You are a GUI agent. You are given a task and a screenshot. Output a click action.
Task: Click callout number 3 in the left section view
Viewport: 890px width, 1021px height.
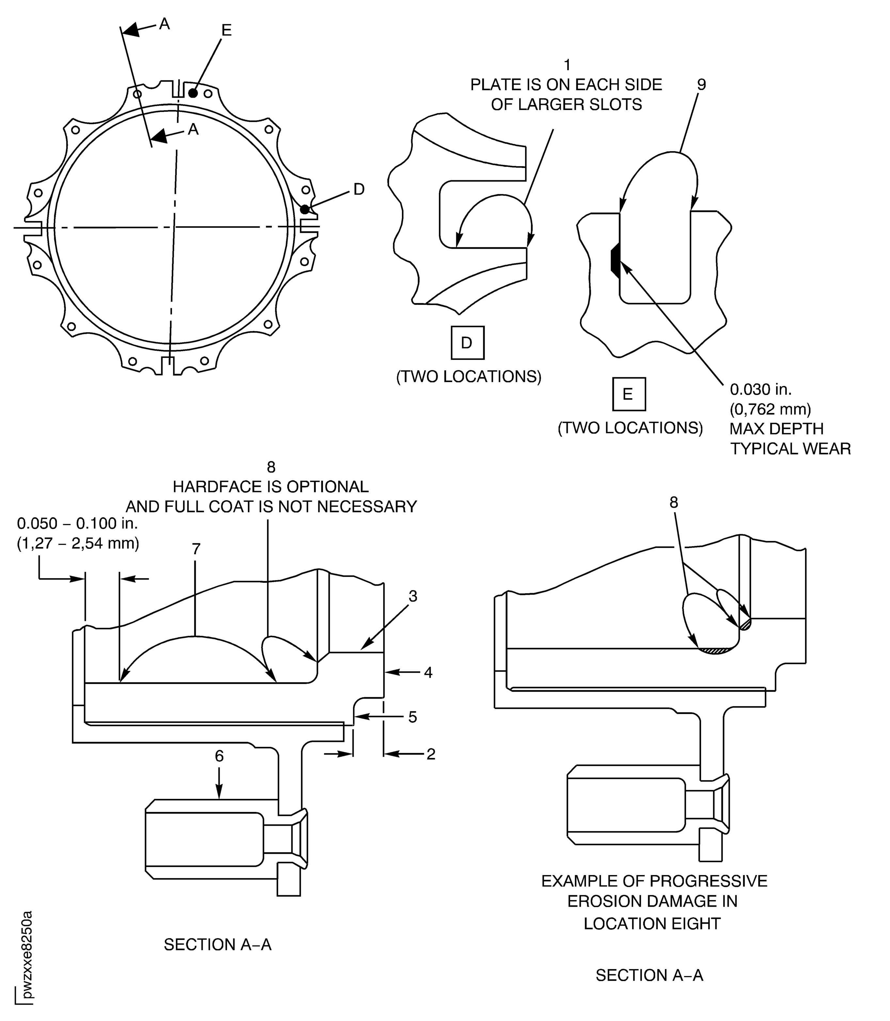pos(413,596)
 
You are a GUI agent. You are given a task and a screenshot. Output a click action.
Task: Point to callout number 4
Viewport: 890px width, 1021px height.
pos(428,673)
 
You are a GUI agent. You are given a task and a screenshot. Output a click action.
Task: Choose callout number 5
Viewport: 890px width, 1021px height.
pos(412,717)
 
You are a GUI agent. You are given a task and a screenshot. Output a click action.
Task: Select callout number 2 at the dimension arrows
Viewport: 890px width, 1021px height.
pos(431,754)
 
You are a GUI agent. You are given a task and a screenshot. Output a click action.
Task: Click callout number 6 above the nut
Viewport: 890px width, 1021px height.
pos(219,756)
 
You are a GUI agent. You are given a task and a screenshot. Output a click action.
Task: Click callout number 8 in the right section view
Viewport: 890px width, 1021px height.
pos(674,502)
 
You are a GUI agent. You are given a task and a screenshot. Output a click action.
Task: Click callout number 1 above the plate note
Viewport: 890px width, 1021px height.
pos(567,65)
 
